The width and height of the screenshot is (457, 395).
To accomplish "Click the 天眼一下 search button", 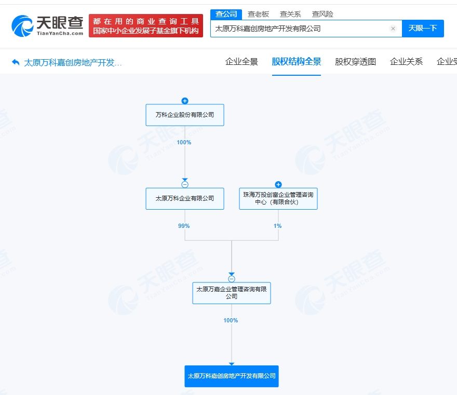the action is (423, 28).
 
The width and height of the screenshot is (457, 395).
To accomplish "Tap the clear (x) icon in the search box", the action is (393, 29).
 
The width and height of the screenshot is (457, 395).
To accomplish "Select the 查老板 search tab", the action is (258, 14).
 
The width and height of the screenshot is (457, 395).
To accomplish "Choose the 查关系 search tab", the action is (290, 14).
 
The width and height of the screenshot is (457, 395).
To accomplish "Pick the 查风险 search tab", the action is (322, 14).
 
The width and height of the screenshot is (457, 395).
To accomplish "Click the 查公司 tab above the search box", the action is (226, 14).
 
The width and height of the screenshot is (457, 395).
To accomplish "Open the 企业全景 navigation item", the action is (241, 61).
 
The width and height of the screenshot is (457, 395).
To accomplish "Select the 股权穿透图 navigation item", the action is (355, 61).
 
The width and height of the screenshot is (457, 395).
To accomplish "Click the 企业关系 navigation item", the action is (406, 61).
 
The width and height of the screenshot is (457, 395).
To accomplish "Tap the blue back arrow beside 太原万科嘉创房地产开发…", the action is (16, 62).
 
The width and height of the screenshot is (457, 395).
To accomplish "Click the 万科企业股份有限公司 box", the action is (185, 115).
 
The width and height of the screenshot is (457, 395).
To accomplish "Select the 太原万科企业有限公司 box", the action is (185, 198).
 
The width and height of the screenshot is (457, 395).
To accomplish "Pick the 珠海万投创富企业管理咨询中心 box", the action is (278, 198).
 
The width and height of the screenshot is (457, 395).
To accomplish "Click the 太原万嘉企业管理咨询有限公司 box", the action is (232, 293).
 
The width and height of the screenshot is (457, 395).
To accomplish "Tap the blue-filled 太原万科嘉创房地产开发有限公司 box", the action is (232, 376).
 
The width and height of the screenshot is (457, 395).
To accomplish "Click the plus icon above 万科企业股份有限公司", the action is (185, 101).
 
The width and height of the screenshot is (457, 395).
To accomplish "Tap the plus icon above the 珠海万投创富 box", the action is (278, 184).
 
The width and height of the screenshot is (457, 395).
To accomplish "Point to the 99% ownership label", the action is (184, 226).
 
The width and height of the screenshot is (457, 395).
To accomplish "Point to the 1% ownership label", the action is (277, 226).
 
